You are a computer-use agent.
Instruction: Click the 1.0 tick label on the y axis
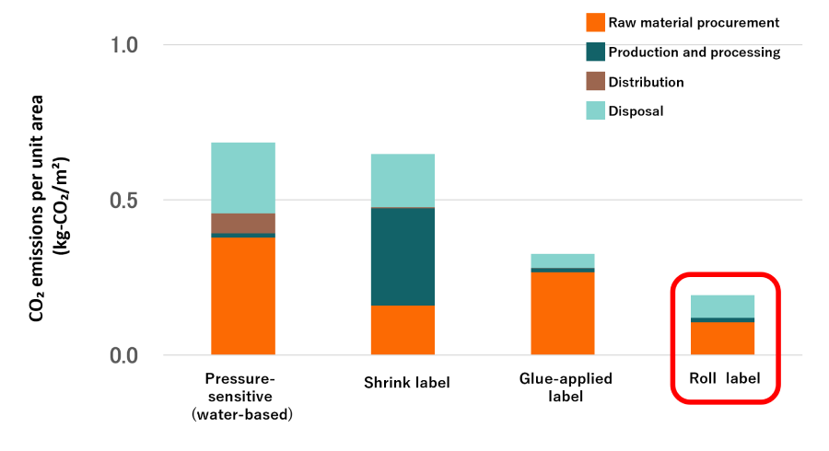(124, 45)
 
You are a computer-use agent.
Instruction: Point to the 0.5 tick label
(124, 201)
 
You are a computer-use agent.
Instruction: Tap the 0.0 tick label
(124, 355)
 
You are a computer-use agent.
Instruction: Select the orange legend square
(595, 23)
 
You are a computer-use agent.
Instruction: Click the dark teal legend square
(595, 52)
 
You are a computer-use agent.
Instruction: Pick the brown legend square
(595, 81)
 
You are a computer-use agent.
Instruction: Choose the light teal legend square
(595, 110)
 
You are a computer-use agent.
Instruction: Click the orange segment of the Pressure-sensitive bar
(243, 295)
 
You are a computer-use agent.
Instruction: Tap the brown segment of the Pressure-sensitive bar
(243, 223)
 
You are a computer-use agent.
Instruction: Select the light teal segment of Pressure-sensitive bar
(243, 178)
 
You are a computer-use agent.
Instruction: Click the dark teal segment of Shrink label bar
(403, 257)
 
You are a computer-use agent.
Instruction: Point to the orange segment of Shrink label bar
(403, 330)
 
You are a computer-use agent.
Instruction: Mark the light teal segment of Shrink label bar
(403, 180)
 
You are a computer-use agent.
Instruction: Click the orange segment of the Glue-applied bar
(563, 313)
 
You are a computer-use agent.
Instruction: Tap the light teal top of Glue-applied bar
(563, 260)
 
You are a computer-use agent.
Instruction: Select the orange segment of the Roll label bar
(723, 338)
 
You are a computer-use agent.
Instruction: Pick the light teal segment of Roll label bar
(723, 306)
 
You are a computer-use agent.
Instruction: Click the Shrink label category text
(407, 383)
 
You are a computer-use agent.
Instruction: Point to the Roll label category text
(725, 378)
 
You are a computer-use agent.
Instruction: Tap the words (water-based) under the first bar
(240, 415)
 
